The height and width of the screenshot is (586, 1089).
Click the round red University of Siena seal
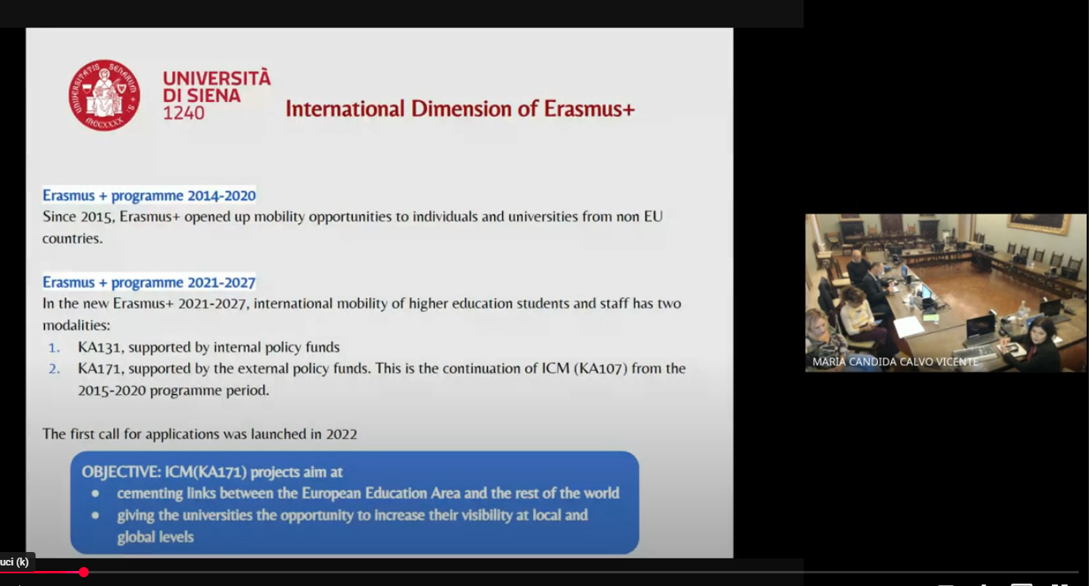click(104, 96)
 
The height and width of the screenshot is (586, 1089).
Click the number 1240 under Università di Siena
click(183, 113)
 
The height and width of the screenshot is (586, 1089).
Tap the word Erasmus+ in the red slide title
click(589, 108)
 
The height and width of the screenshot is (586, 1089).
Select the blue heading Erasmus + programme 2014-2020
click(149, 195)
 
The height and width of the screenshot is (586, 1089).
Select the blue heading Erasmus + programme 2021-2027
click(149, 282)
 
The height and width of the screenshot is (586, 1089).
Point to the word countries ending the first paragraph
click(73, 238)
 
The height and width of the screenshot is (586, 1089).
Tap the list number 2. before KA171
click(54, 369)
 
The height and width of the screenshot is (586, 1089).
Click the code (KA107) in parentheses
click(600, 369)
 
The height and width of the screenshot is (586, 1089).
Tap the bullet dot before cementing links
click(95, 494)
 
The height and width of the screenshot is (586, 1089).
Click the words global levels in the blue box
click(156, 538)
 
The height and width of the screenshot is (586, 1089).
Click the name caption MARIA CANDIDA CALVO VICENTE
click(895, 362)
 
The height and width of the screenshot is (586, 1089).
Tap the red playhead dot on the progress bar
click(84, 573)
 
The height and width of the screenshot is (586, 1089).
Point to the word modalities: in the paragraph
click(77, 325)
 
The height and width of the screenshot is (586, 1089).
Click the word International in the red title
click(345, 108)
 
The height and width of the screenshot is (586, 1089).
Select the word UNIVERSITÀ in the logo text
click(217, 78)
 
